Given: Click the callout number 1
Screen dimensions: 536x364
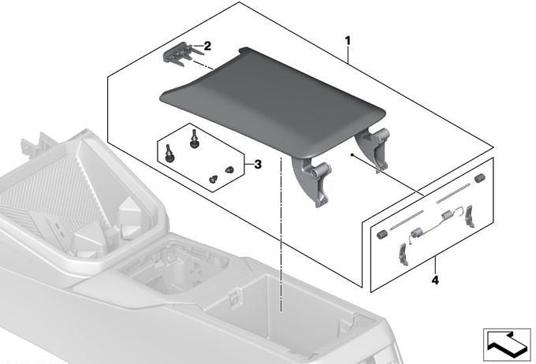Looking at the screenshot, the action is [x=348, y=41].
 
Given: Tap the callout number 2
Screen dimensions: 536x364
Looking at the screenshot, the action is [x=207, y=46].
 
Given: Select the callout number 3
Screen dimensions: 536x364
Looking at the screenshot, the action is [x=258, y=165].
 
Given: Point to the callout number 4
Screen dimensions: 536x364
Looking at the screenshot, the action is [x=435, y=280].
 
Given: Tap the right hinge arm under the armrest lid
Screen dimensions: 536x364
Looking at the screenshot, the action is [x=374, y=148].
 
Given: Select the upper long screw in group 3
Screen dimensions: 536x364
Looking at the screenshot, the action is [x=194, y=139].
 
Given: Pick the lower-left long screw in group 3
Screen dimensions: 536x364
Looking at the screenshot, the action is [x=169, y=153].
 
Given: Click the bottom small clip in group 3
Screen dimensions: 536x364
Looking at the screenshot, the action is [x=214, y=180].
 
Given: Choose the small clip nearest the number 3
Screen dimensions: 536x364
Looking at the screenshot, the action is [x=229, y=169].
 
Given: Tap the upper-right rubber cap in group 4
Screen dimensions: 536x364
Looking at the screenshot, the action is [x=480, y=178].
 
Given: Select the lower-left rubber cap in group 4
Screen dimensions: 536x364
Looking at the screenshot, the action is [x=382, y=235].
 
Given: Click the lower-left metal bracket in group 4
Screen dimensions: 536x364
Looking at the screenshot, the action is [x=403, y=254].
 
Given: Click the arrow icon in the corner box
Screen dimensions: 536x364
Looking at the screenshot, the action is [x=506, y=344].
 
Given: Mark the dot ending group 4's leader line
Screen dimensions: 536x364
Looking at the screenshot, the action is [x=352, y=155].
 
